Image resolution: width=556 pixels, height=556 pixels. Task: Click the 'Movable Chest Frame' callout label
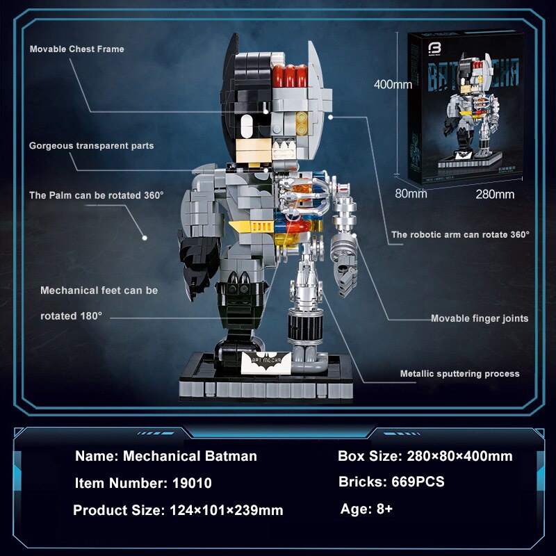point(76,49)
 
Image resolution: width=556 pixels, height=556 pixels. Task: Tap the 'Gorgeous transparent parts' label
point(91,146)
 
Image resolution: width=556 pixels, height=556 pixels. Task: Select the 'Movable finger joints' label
point(480,318)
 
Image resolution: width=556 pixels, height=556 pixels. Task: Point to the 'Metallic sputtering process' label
point(459,374)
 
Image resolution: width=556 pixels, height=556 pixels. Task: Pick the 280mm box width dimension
point(494,194)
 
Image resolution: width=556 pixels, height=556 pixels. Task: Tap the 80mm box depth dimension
point(411,194)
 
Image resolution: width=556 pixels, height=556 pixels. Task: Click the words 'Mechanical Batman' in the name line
point(190,457)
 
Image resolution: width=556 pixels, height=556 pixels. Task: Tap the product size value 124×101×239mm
point(227,510)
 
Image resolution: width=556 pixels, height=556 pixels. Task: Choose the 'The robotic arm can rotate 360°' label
point(460,235)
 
